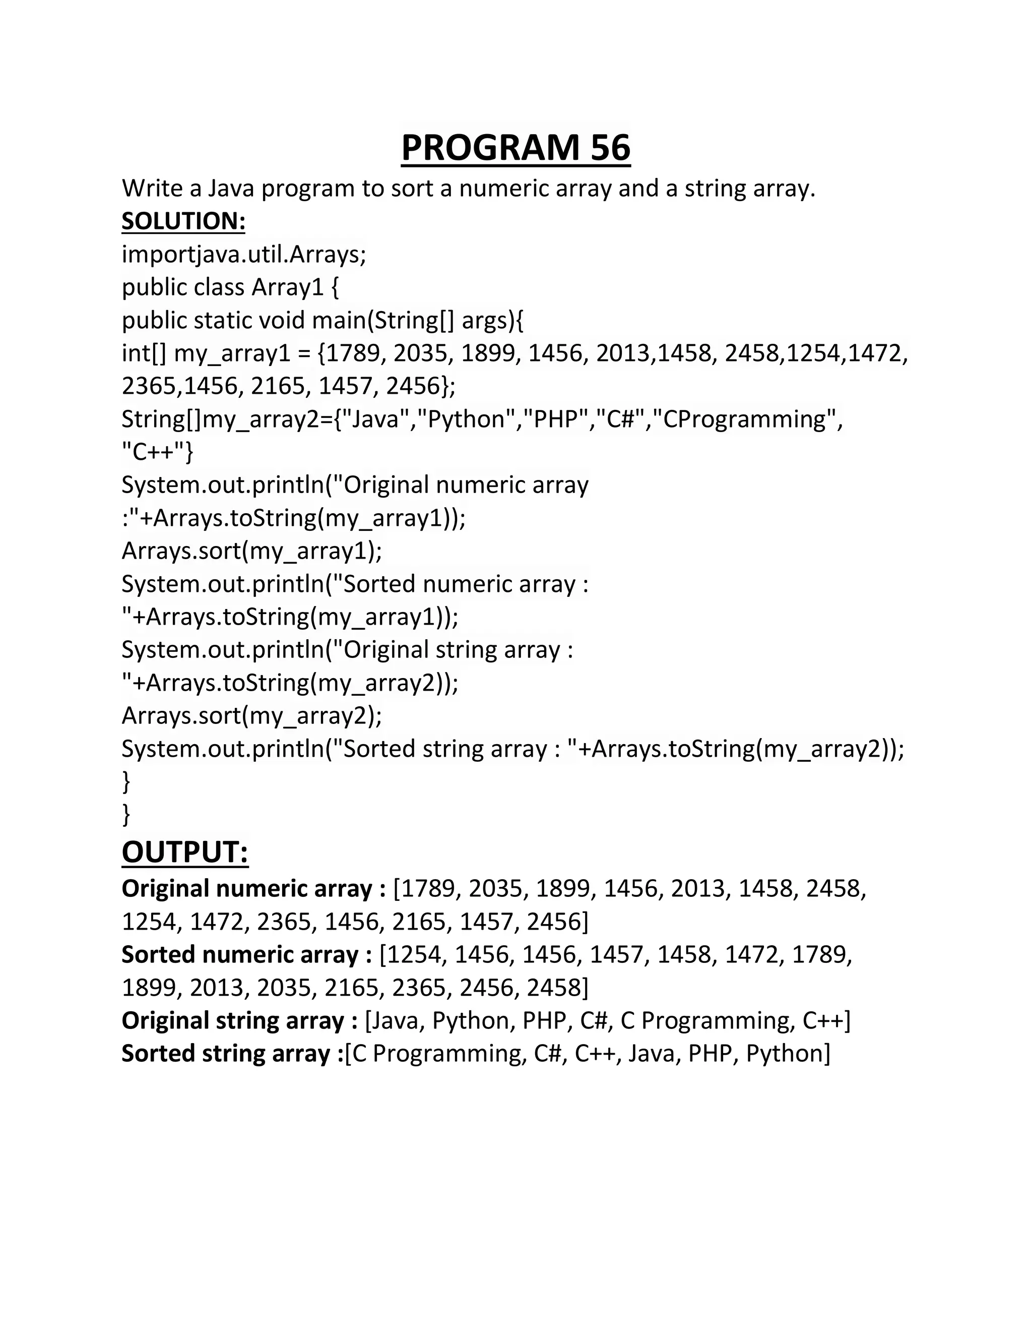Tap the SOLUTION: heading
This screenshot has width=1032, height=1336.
pos(183,221)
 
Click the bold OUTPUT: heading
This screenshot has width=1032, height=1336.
pos(185,852)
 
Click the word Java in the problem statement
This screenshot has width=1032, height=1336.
pos(230,189)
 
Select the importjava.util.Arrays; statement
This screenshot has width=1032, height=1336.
pos(244,255)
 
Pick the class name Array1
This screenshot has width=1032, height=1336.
pos(287,287)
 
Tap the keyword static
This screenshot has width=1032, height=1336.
pos(223,321)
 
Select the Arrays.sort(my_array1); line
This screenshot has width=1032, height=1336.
pos(252,551)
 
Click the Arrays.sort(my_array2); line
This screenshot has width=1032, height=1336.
pos(252,715)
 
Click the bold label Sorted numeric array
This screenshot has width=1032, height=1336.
pos(246,955)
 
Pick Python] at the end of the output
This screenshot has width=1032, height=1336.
pos(788,1054)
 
